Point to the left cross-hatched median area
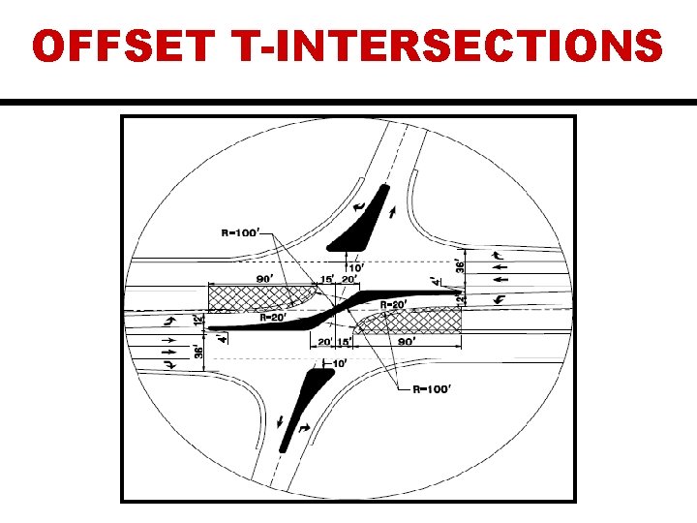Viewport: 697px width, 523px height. coord(257,296)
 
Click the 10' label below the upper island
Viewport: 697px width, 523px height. coord(356,266)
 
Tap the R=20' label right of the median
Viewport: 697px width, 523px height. coord(391,304)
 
